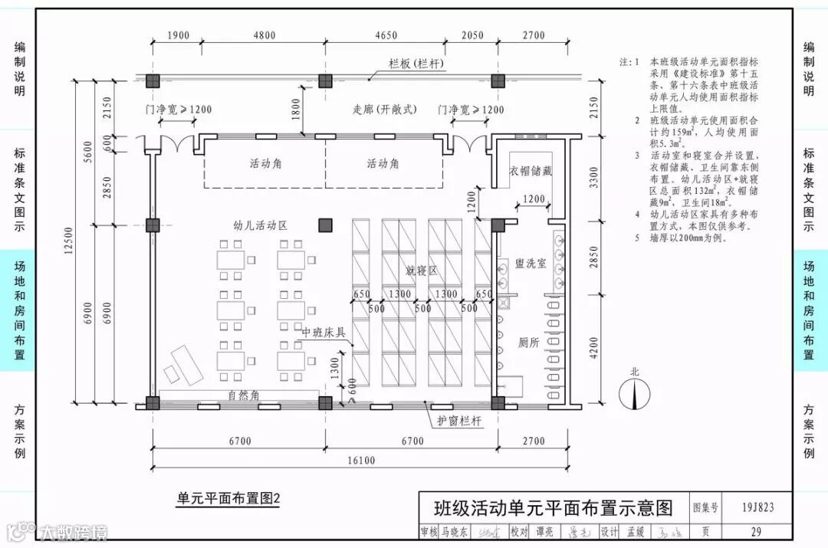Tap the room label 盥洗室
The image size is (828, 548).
click(531, 263)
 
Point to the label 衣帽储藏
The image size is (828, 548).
click(531, 171)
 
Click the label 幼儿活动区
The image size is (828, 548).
click(260, 225)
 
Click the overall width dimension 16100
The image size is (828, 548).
click(360, 460)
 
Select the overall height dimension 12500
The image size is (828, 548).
click(80, 239)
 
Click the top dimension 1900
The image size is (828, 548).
click(177, 35)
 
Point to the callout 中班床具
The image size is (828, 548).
click(323, 332)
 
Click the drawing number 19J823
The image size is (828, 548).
click(757, 507)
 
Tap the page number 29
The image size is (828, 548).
click(757, 531)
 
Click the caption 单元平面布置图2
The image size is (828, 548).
click(228, 499)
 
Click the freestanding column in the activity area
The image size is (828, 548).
click(326, 225)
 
